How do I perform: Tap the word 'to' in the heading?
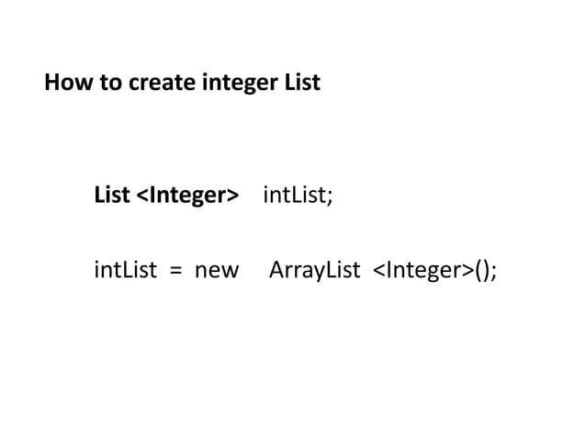pos(103,84)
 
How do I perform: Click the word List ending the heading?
pos(300,84)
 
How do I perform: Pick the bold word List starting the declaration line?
pos(112,196)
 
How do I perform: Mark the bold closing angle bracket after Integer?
pos(232,197)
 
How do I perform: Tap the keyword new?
pos(216,271)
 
